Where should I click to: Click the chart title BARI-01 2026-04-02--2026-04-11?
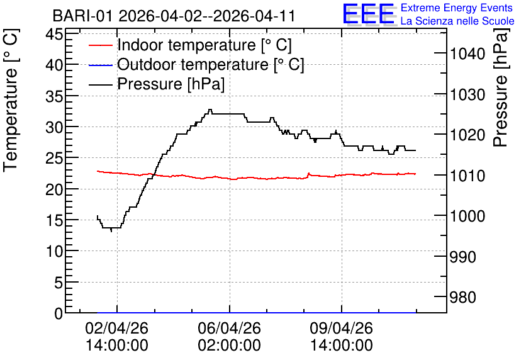click(174, 16)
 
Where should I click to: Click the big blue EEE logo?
click(368, 14)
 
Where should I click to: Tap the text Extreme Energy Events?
click(457, 8)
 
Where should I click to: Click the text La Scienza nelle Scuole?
click(457, 21)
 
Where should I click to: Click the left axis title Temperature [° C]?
click(11, 100)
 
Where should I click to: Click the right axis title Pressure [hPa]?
click(501, 87)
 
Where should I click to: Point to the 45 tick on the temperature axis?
click(54, 34)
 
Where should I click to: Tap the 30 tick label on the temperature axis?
click(54, 127)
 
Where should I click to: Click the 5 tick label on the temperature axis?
click(59, 282)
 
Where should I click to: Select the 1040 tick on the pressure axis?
click(467, 53)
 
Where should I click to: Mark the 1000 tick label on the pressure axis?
click(467, 216)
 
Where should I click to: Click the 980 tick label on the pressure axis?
click(462, 297)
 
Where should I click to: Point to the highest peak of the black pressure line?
click(210, 110)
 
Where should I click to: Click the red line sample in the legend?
click(100, 45)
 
